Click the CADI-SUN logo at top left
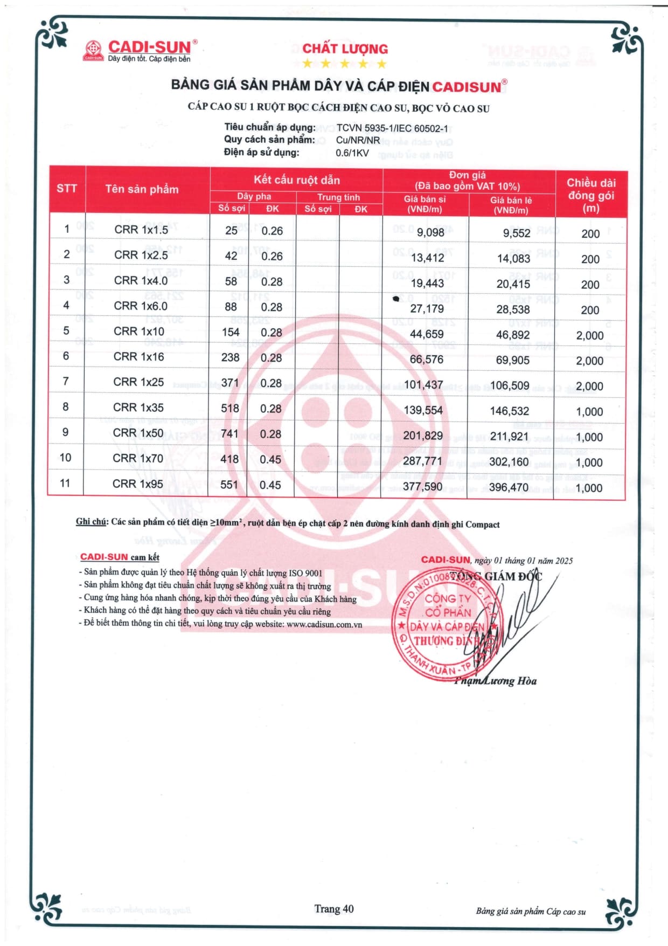(140, 51)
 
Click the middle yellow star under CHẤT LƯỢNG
(345, 64)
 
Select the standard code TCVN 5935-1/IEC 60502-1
(392, 128)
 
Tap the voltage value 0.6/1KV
(352, 153)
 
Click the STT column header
(67, 189)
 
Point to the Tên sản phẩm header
(142, 189)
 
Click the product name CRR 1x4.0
(141, 280)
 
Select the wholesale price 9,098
(430, 232)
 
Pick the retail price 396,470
(509, 488)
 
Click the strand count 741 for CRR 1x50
(229, 433)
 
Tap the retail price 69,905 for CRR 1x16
(512, 360)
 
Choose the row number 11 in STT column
(65, 483)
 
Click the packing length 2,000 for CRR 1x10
(590, 335)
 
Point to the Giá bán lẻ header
(511, 205)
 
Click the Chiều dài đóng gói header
(590, 195)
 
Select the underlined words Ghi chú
(91, 521)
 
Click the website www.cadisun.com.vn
(324, 624)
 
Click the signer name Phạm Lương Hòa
(496, 681)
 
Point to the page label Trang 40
(334, 909)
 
